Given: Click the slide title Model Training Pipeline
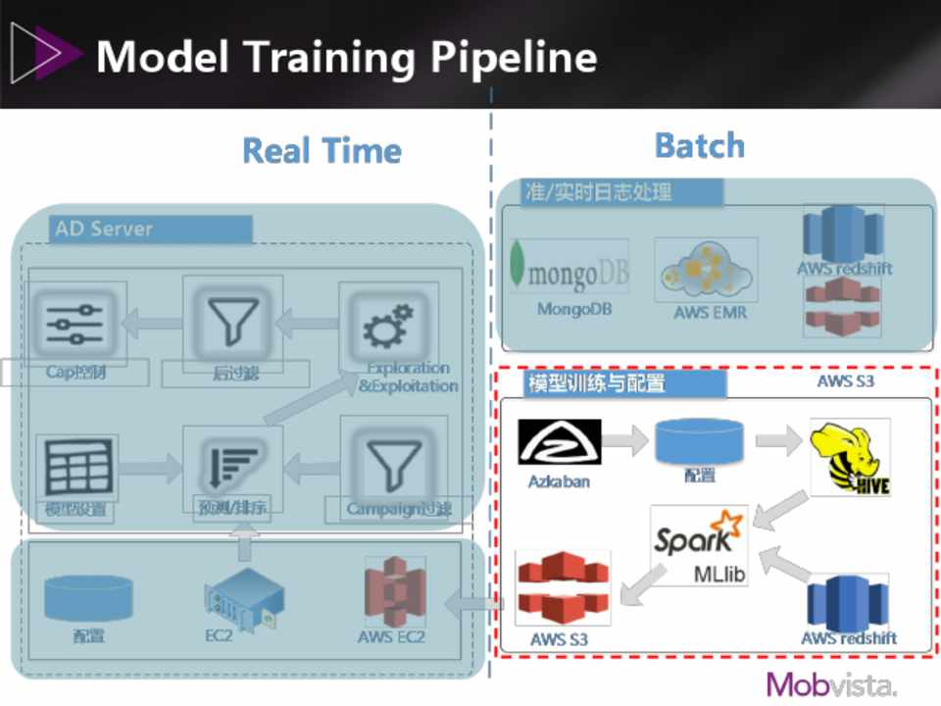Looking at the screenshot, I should click(346, 57).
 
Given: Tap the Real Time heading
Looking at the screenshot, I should click(322, 151).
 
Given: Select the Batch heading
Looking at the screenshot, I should click(699, 146).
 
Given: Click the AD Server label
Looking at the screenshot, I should click(104, 228).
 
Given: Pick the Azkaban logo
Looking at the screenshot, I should click(560, 442).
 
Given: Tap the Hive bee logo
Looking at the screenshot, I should click(850, 457).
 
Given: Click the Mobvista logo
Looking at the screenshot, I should click(831, 683).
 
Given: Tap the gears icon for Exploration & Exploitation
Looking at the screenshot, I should click(388, 326).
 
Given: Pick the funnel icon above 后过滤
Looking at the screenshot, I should click(232, 322).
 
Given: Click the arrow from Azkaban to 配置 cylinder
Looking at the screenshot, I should click(625, 440).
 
